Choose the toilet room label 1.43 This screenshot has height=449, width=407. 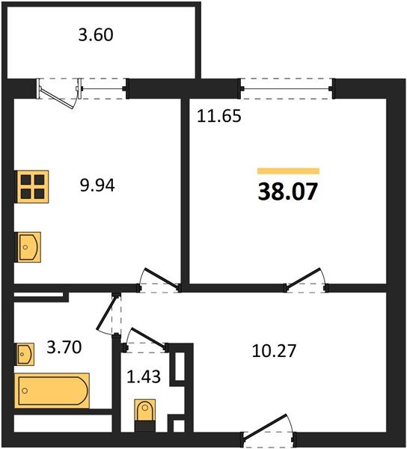142,378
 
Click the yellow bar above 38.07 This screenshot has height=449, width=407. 288,171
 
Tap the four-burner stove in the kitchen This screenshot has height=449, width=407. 32,185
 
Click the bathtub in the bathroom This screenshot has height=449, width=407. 52,391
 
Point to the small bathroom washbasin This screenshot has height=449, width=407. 25,352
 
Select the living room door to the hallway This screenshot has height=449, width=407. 307,280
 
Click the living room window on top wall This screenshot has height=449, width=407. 287,88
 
